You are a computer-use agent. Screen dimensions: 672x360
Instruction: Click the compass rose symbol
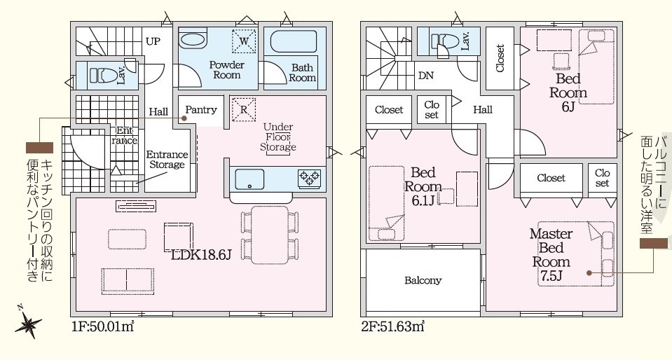pos(28,322)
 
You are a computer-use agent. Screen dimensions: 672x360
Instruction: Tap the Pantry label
pos(201,110)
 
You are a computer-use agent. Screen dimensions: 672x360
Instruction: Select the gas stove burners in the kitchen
pos(310,178)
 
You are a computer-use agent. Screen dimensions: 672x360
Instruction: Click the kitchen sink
pos(249,179)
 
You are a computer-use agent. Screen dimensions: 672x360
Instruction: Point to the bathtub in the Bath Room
pos(294,42)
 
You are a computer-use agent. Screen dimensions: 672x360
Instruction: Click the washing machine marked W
pos(244,41)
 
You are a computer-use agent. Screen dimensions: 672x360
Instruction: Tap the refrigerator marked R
pos(243,110)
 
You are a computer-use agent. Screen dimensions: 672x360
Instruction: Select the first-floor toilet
pos(102,76)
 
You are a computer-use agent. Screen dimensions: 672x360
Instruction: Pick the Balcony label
pos(423,281)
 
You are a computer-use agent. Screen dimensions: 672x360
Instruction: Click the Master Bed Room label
pos(551,254)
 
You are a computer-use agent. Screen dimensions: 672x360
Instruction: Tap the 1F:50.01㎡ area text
pos(103,327)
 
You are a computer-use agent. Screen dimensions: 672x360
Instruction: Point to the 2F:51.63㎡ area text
pos(393,327)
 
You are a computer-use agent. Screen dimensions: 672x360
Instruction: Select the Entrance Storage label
pos(167,160)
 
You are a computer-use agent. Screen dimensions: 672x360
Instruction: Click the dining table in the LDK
pos(270,235)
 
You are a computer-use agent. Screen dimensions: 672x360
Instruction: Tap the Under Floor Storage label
pos(278,137)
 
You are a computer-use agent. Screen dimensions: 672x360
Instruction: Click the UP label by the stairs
pos(153,41)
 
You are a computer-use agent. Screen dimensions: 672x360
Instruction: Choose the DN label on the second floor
pos(425,76)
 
